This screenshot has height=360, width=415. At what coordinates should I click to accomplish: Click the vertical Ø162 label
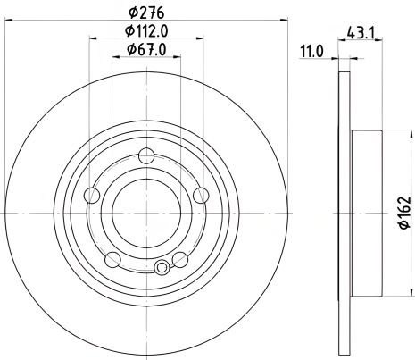coord(403,213)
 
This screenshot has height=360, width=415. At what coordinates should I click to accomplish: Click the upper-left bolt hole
coord(91,196)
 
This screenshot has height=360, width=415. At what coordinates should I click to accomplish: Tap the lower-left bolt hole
coord(112,259)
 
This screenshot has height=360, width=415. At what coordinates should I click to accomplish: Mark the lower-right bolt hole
coord(179,259)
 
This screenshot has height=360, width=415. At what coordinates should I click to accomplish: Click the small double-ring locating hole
coord(162,267)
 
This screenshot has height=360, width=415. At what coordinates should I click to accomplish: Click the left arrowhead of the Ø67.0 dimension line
coord(113,58)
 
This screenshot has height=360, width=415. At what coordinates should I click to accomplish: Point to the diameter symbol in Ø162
coord(403,231)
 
